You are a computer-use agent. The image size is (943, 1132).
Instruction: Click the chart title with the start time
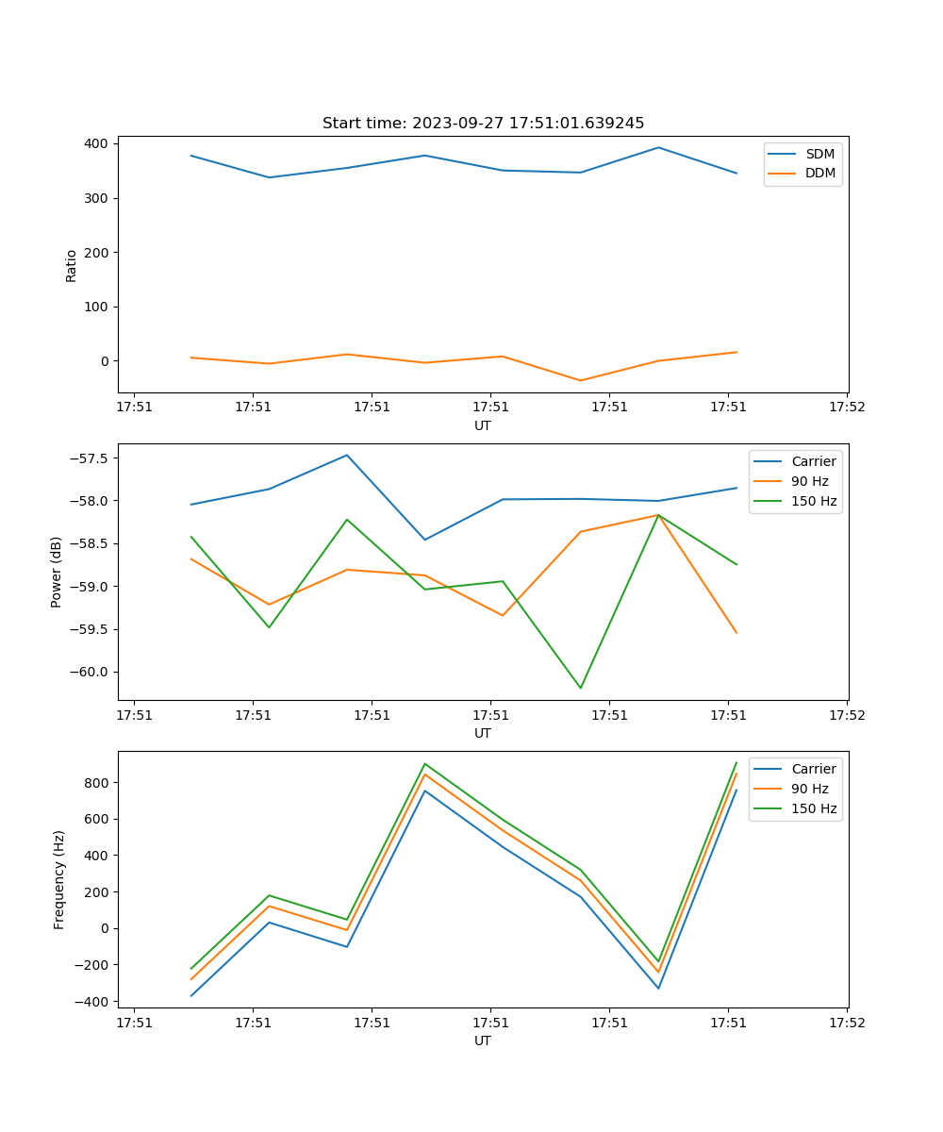pos(483,124)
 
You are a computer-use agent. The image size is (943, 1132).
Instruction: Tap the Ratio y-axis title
pos(72,265)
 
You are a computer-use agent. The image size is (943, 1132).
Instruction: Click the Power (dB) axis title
pos(57,572)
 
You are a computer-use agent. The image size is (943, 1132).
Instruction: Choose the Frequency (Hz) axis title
pos(59,879)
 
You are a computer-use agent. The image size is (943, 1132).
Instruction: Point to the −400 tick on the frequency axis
pos(94,1002)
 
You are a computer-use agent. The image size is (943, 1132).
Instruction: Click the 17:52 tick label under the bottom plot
pos(846,1023)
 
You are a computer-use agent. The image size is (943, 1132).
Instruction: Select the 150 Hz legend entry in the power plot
pos(814,501)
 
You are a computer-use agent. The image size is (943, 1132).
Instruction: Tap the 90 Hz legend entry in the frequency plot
pos(810,789)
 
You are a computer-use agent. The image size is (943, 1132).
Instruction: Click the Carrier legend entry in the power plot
pos(813,461)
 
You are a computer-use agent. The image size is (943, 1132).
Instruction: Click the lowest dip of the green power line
pos(581,688)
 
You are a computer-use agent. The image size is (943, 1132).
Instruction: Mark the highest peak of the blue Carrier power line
pos(347,455)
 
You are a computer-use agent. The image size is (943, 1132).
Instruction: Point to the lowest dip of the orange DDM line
pos(581,380)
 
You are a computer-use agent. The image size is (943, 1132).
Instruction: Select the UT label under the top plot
pos(483,425)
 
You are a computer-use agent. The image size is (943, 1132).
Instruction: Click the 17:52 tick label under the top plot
pos(846,408)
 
